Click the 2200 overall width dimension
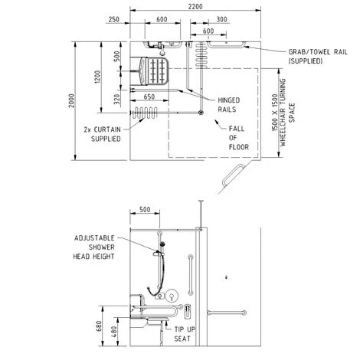(195, 6)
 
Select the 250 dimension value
(113, 19)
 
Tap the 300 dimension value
(221, 19)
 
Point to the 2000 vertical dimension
(72, 100)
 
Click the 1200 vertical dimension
(97, 77)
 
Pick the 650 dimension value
(149, 97)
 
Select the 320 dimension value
(116, 100)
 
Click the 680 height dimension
(99, 326)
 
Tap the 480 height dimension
(114, 332)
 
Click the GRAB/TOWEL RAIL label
(318, 57)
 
